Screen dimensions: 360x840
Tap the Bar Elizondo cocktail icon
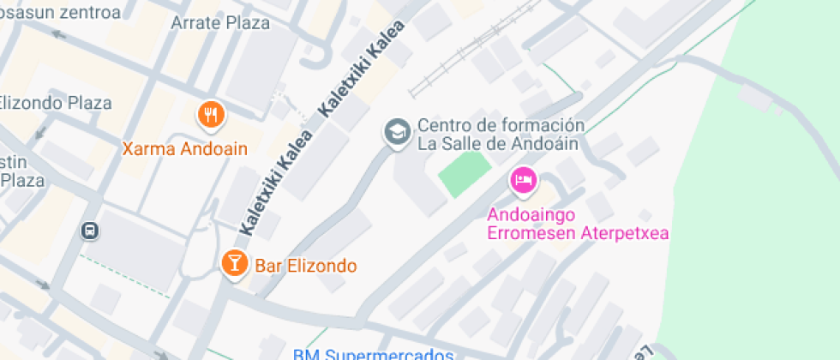coord(232,262)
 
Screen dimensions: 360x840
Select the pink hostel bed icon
coord(522,181)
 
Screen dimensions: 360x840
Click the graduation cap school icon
coord(396,133)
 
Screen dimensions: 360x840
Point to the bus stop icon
coord(89,231)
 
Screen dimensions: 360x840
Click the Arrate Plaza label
coord(220,23)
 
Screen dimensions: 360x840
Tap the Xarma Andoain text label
coord(184,148)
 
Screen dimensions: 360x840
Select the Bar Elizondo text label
coord(305,265)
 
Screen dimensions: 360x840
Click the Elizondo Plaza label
coord(56,103)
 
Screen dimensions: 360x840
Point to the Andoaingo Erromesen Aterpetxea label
coord(578,223)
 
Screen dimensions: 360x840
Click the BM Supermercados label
coord(372,354)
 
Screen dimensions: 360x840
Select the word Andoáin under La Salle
coord(546,143)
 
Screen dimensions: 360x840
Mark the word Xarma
coord(147,148)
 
